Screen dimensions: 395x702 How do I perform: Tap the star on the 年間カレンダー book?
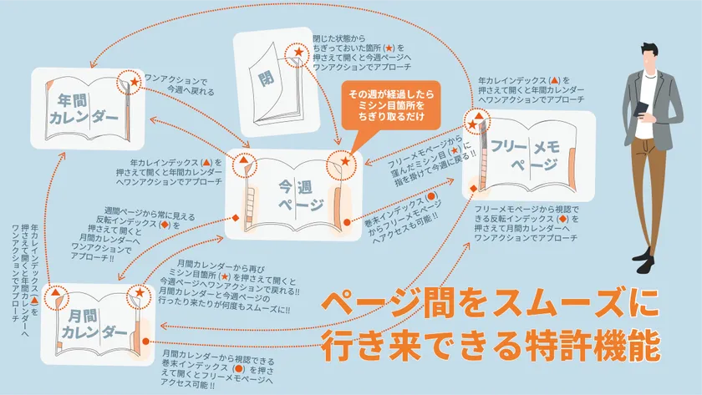pyautogui.click(x=131, y=82)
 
